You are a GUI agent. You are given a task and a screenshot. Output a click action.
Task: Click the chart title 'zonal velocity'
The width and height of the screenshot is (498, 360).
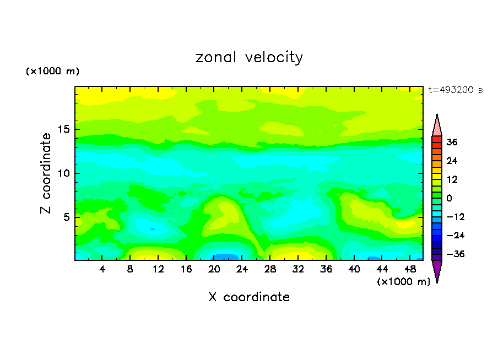pyautogui.click(x=249, y=57)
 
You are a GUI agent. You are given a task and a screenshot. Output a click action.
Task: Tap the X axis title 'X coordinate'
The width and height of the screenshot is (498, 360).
pyautogui.click(x=249, y=297)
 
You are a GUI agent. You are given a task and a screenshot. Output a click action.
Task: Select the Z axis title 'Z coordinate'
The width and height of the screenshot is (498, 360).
pyautogui.click(x=46, y=173)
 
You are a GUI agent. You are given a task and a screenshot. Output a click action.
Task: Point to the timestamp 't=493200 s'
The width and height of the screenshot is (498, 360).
pyautogui.click(x=456, y=90)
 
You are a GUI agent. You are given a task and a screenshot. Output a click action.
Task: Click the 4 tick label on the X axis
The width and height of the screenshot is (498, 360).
pyautogui.click(x=102, y=269)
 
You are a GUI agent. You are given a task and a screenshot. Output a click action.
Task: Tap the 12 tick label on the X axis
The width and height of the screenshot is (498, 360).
pyautogui.click(x=158, y=269)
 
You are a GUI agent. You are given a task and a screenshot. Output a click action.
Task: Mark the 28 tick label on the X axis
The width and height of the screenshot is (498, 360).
pyautogui.click(x=270, y=269)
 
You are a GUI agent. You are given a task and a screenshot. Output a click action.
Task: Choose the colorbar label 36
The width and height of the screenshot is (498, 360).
pyautogui.click(x=452, y=142)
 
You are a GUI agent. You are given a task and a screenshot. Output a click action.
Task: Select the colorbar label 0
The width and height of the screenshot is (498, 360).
pyautogui.click(x=449, y=198)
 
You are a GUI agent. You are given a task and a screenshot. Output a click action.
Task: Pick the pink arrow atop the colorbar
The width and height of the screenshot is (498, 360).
pyautogui.click(x=437, y=126)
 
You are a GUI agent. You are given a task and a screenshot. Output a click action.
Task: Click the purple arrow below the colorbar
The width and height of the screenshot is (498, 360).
pyautogui.click(x=437, y=270)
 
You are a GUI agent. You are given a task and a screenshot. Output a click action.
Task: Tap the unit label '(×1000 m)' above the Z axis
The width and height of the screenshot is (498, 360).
pyautogui.click(x=53, y=72)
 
